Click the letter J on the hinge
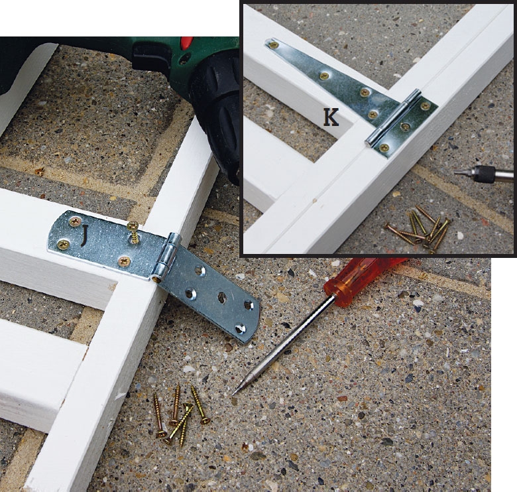[85, 235]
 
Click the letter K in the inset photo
[331, 118]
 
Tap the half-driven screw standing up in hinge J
[133, 233]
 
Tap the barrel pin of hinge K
[393, 117]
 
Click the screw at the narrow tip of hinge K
[272, 44]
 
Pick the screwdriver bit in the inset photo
[485, 174]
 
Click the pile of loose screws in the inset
[418, 228]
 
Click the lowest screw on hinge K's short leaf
[383, 147]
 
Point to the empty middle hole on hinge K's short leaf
[404, 125]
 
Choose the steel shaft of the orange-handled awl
[284, 343]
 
